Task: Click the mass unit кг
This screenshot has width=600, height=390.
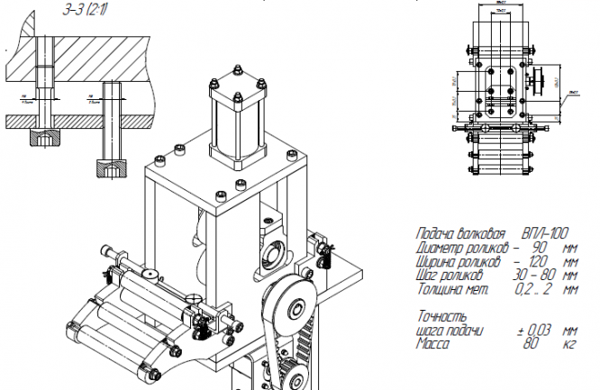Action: (x=568, y=344)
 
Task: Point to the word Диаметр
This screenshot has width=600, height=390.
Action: (x=442, y=247)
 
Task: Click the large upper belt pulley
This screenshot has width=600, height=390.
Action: (x=294, y=312)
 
